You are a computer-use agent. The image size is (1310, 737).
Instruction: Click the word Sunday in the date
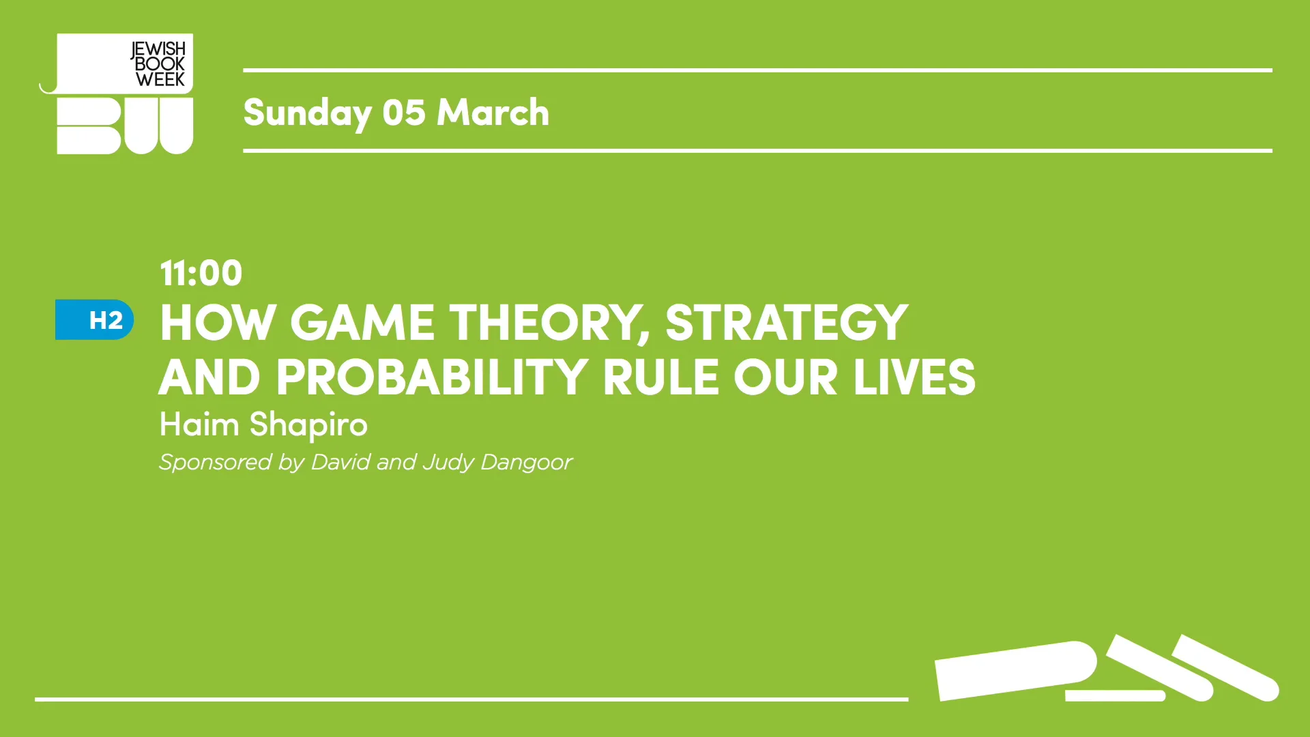[x=307, y=113]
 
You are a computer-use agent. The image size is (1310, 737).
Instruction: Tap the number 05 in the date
[x=403, y=113]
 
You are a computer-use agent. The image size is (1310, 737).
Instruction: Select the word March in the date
[x=493, y=113]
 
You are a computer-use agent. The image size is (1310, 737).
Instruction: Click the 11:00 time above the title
[x=201, y=274]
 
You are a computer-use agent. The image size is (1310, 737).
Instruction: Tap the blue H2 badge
[x=95, y=320]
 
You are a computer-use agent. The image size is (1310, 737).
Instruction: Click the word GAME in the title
[x=362, y=323]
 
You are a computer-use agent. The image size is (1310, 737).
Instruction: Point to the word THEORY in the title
[x=548, y=323]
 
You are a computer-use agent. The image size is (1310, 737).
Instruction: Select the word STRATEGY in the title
[x=786, y=323]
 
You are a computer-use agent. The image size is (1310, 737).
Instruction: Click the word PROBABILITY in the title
[x=431, y=377]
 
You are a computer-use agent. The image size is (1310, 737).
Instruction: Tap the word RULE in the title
[x=660, y=377]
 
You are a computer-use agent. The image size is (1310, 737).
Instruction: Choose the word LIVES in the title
[x=914, y=377]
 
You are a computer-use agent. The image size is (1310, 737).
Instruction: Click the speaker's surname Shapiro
[x=308, y=425]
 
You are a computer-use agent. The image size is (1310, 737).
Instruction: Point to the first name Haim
[x=199, y=424]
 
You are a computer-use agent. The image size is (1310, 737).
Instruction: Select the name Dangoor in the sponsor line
[x=526, y=463]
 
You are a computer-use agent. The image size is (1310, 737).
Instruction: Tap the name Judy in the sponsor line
[x=448, y=463]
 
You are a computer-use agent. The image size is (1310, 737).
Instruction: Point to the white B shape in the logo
[x=89, y=126]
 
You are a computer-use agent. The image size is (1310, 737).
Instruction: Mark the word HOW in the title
[x=217, y=323]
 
